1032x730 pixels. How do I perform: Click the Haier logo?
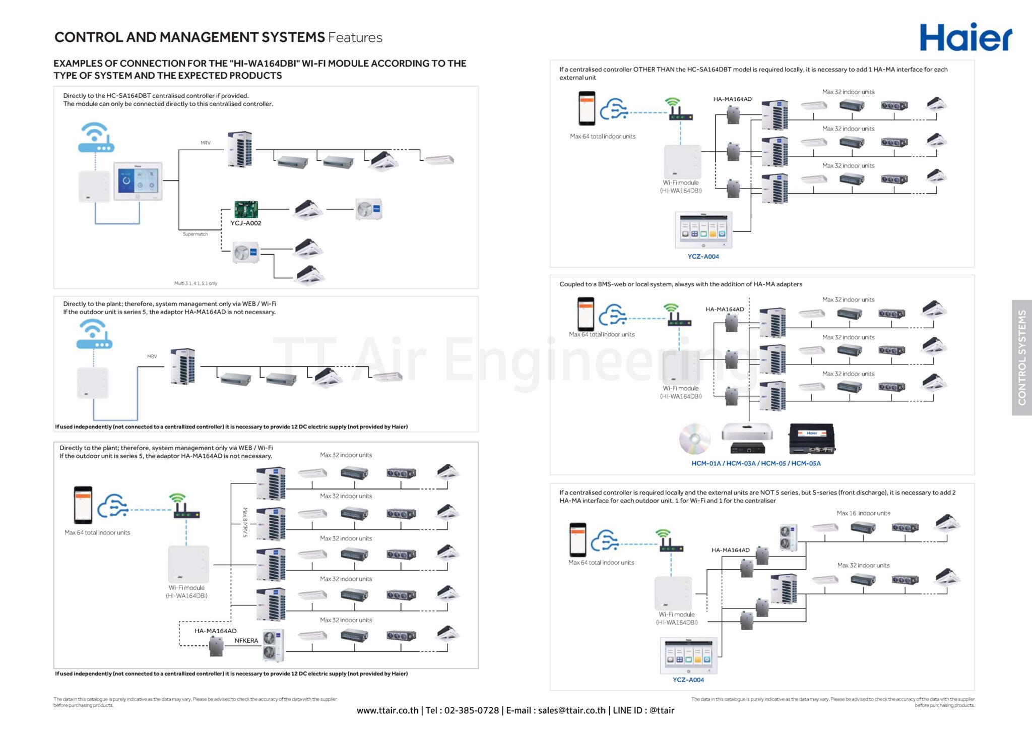pos(965,37)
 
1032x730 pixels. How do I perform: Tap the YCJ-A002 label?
pos(246,223)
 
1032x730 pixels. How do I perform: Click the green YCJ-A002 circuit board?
pos(246,209)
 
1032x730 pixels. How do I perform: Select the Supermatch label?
pos(195,234)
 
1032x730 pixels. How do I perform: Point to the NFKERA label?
pos(246,641)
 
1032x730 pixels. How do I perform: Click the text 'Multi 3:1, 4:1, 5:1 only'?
pos(196,283)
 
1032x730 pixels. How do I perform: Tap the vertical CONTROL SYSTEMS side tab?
pos(1021,357)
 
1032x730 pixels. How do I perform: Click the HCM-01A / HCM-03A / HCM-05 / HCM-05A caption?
pos(755,463)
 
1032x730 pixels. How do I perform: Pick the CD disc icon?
pos(694,439)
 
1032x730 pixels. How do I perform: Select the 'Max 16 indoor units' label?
pos(863,513)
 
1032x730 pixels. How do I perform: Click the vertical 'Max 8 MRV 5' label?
pos(245,522)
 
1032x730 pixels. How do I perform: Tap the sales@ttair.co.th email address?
pos(571,710)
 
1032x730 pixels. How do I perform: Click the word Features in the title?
pos(355,37)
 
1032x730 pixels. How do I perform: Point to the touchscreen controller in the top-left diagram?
pos(138,181)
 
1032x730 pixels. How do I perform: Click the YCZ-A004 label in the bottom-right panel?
pos(688,680)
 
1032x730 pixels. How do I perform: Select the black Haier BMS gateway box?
pos(812,439)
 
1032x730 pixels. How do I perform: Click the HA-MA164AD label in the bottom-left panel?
pos(215,631)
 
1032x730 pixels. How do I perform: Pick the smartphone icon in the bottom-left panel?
pos(83,505)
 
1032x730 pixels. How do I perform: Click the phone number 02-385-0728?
pos(471,710)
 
